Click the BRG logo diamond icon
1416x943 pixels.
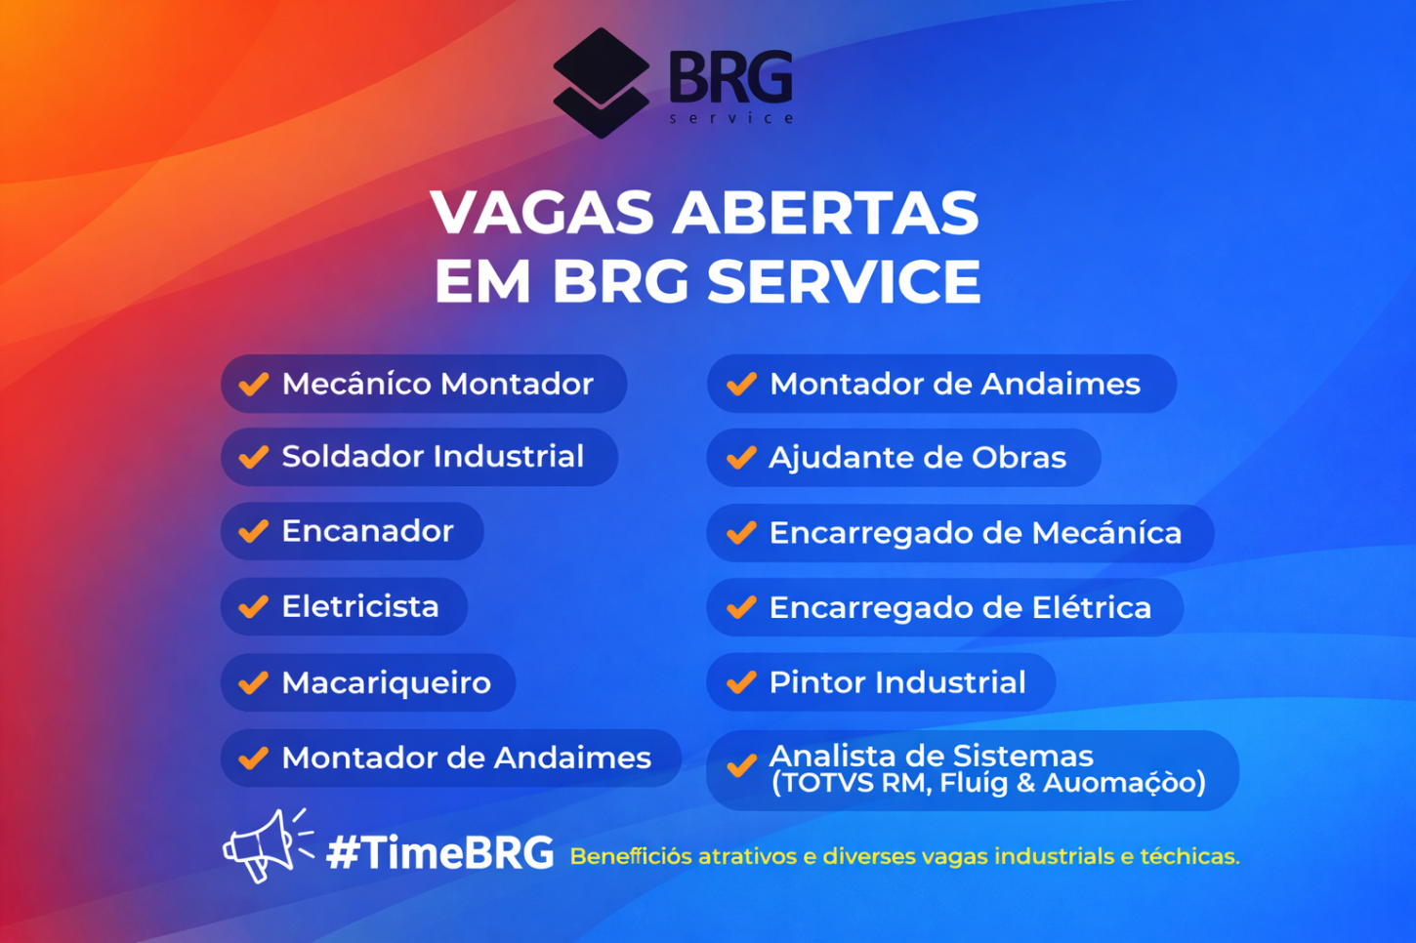tap(601, 82)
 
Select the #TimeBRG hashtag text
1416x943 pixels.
tap(439, 853)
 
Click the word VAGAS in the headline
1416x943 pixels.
tap(542, 213)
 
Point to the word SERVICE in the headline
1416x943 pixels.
tap(844, 282)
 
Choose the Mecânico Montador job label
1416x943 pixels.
tap(437, 384)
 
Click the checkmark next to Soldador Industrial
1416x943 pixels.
tap(254, 457)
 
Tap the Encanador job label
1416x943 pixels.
tap(367, 531)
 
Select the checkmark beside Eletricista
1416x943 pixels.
tap(254, 607)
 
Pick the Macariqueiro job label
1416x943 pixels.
tap(386, 682)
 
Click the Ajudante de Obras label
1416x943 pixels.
tap(917, 458)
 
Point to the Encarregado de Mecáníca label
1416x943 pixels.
tap(975, 533)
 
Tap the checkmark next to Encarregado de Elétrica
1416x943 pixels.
tap(741, 608)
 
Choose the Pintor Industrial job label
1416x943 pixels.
tap(896, 682)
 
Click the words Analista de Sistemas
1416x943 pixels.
tap(931, 756)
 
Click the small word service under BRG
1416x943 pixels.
tap(731, 118)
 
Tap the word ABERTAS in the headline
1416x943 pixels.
tap(825, 213)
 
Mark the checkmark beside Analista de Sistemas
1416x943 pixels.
tap(741, 766)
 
